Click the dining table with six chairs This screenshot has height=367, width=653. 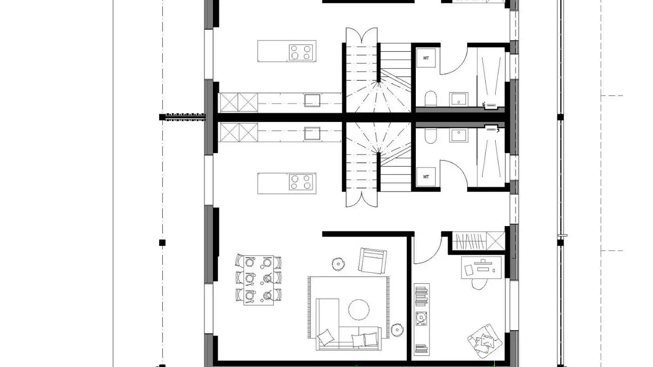click(258, 280)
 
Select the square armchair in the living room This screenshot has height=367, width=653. click(372, 260)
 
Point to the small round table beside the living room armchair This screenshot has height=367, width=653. click(338, 264)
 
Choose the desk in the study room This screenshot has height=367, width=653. click(482, 267)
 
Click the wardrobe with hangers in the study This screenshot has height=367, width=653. click(479, 241)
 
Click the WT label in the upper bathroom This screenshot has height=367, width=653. click(426, 58)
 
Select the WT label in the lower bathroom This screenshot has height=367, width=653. click(426, 177)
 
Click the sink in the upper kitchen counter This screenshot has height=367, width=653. click(312, 100)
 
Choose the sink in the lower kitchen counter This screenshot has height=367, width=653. click(312, 134)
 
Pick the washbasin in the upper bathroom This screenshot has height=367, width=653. click(458, 98)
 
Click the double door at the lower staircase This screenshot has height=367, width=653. click(362, 198)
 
